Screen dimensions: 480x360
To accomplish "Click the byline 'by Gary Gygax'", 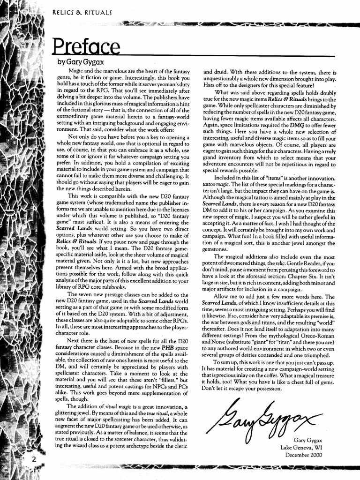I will click(78, 62).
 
